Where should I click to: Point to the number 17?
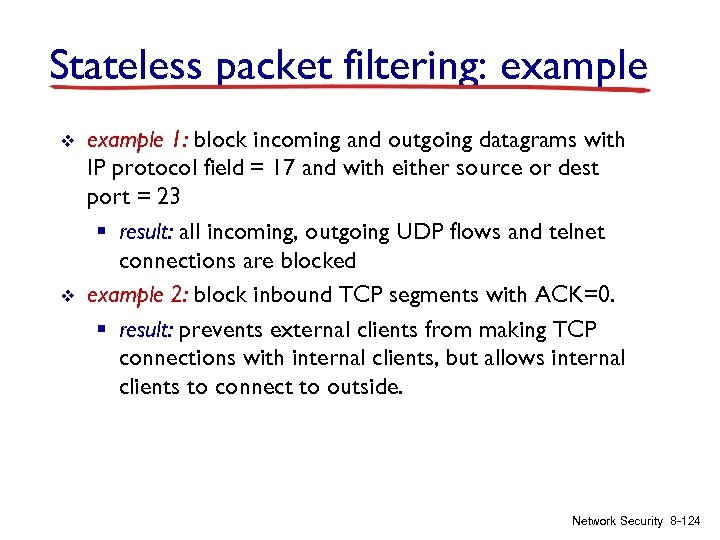pos(282,168)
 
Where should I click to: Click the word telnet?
pos(570,233)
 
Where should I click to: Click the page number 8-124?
pos(687,520)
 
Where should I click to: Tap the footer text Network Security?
pos(617,520)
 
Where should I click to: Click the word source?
pos(499,168)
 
